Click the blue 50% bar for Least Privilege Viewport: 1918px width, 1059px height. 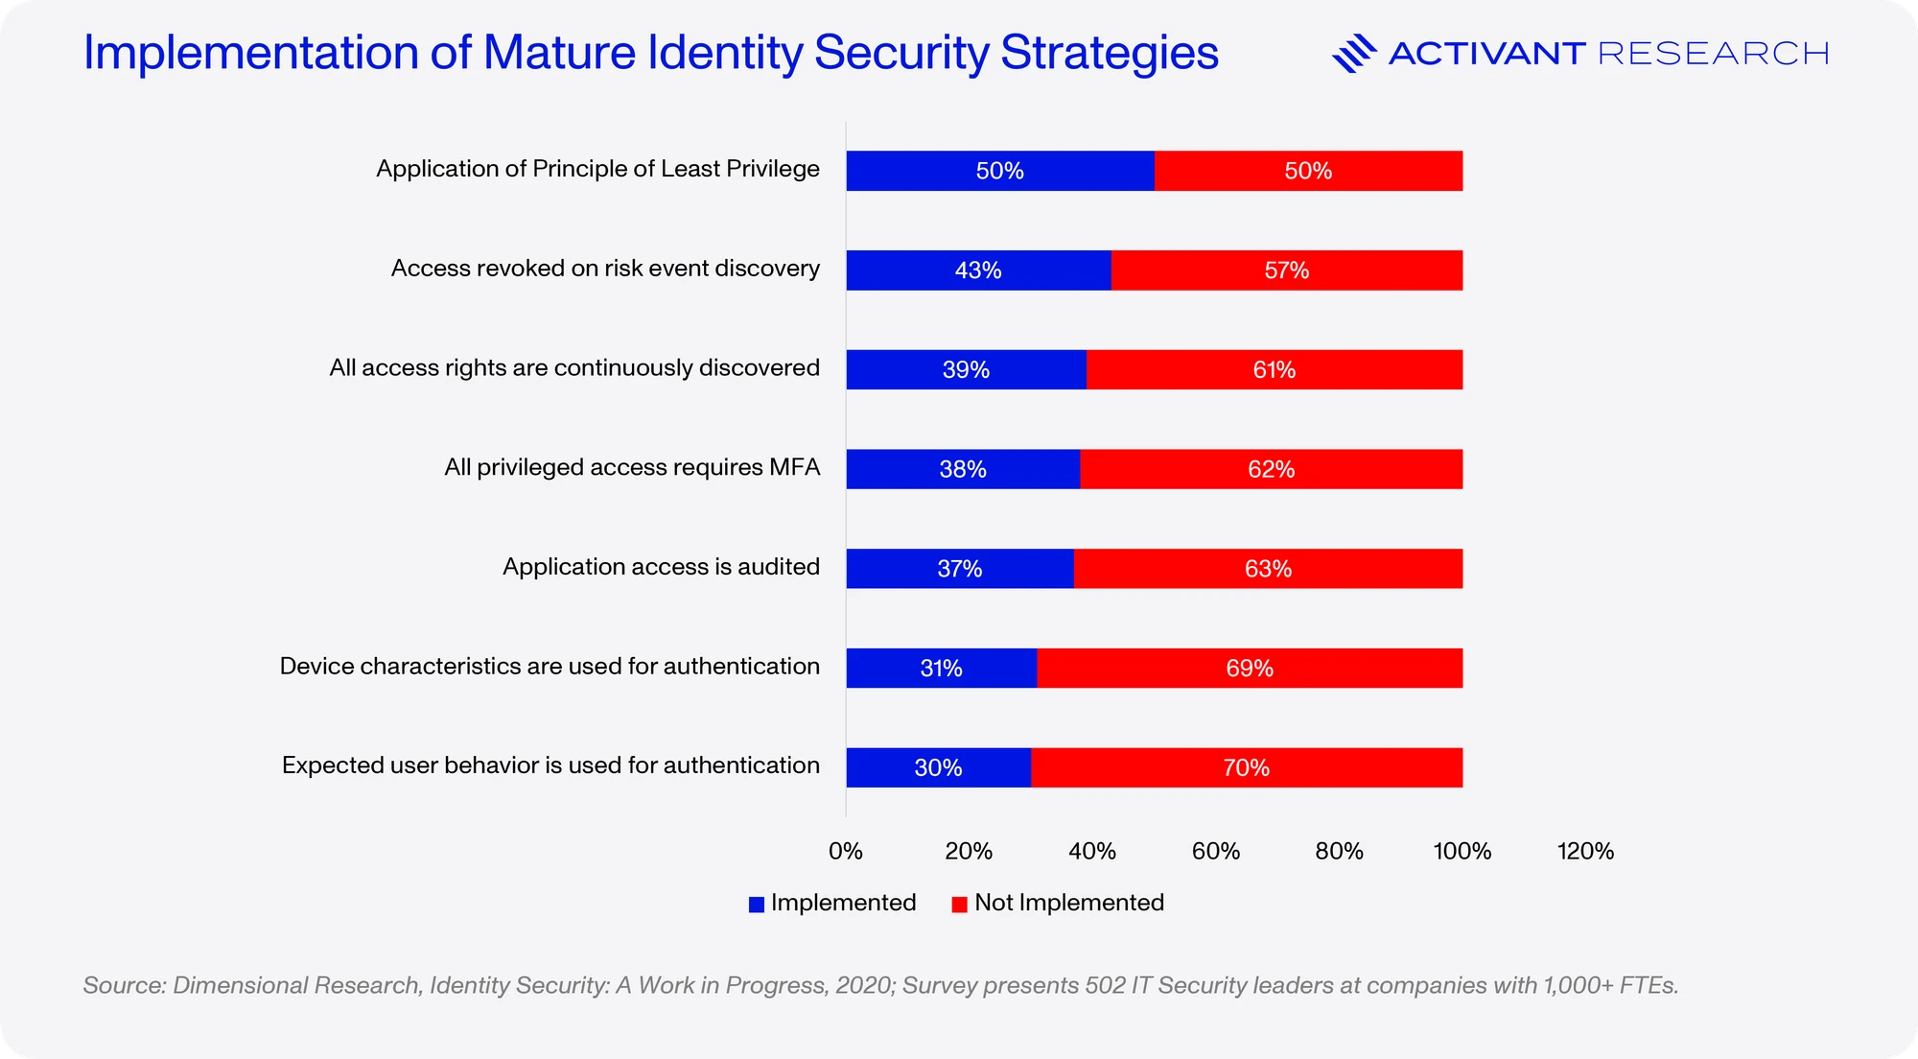tap(1000, 171)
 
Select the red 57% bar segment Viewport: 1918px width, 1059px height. tap(1287, 271)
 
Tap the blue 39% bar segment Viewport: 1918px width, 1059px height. tap(967, 369)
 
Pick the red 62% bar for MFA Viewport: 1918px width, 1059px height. tap(1272, 469)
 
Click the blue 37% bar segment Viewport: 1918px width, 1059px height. tap(960, 569)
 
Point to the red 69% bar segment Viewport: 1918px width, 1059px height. tap(1251, 668)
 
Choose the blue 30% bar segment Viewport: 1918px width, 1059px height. tap(939, 767)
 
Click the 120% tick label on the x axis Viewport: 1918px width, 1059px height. tap(1585, 851)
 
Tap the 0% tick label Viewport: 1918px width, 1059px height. tap(846, 851)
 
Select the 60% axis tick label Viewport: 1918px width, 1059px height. tap(1216, 851)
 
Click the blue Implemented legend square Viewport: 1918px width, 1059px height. tap(757, 904)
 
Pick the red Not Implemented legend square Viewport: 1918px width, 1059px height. tap(959, 904)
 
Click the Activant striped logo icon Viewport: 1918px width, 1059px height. tap(1354, 54)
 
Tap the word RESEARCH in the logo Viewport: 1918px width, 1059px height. tap(1714, 54)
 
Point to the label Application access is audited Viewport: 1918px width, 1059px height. tap(662, 567)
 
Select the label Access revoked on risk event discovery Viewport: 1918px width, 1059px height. tap(605, 269)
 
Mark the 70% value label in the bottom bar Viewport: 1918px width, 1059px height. tap(1247, 767)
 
